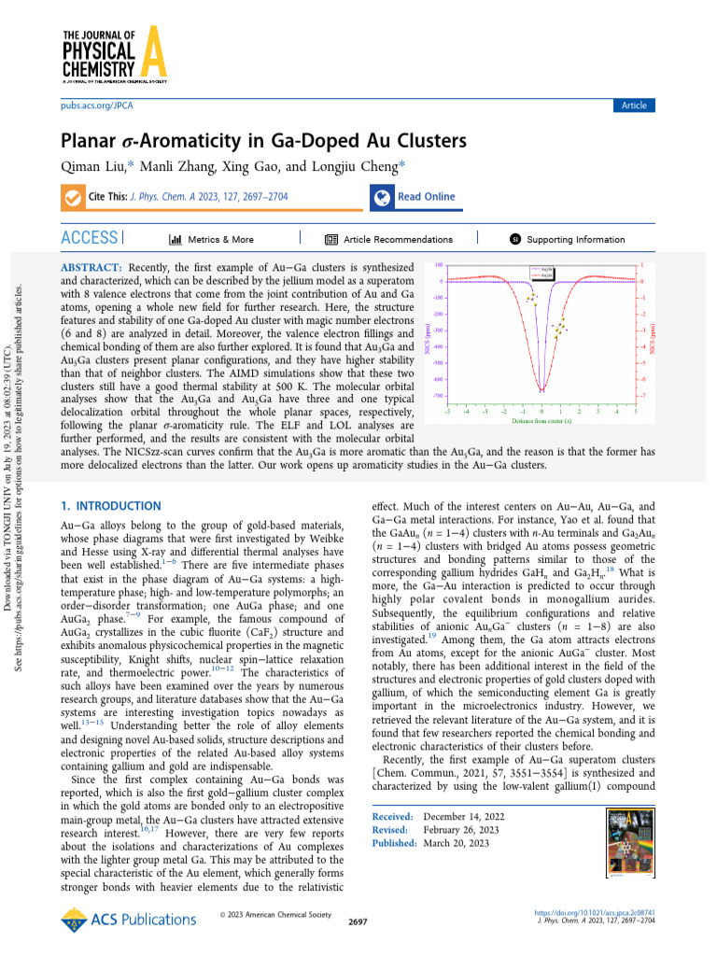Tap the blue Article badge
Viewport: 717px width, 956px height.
point(634,105)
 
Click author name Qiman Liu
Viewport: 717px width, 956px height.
point(93,168)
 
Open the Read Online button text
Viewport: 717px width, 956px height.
point(426,197)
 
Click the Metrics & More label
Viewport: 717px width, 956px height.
point(218,239)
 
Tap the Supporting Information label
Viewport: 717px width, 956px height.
point(575,239)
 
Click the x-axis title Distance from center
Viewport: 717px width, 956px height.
point(541,421)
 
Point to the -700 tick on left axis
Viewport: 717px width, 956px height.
point(437,396)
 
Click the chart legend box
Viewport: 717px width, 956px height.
point(542,273)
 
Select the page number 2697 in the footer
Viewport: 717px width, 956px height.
point(358,921)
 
